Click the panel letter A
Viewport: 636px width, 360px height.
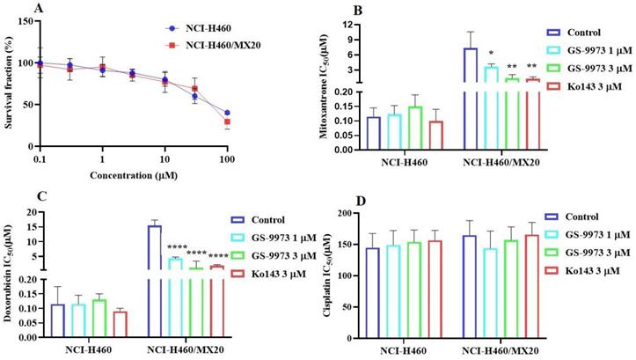pyautogui.click(x=34, y=9)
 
